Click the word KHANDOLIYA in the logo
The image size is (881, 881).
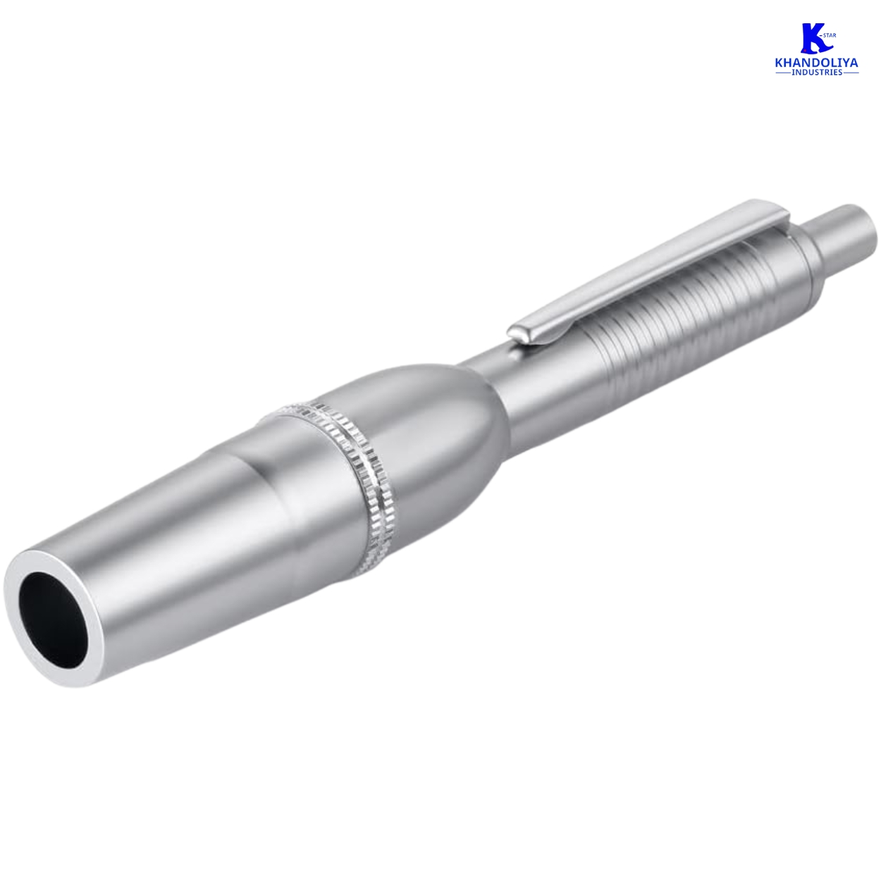click(x=817, y=63)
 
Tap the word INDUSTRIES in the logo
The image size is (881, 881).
click(x=817, y=73)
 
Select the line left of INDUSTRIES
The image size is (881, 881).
click(x=784, y=73)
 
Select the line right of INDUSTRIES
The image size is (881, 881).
click(x=851, y=73)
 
